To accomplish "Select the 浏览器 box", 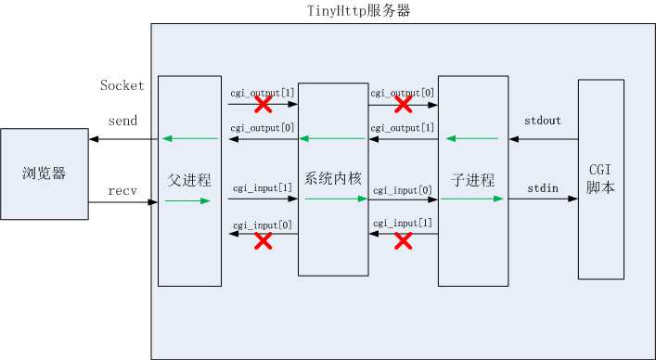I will click(45, 174).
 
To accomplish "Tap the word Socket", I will click(122, 86).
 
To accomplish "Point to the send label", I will click(122, 121).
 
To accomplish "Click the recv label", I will click(122, 190).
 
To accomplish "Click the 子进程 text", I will click(471, 180).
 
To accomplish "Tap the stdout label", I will click(542, 121).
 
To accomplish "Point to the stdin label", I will click(543, 188).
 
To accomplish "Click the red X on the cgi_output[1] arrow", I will click(263, 104).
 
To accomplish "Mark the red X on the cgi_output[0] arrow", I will click(403, 104).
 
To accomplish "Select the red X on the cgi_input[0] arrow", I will click(263, 241).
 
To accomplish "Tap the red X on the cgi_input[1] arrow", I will click(403, 241).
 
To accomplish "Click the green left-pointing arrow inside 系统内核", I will click(331, 139).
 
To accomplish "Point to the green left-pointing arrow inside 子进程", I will click(471, 139).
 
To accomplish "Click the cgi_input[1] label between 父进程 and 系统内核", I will click(262, 188).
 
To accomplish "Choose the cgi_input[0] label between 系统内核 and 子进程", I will click(402, 189).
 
